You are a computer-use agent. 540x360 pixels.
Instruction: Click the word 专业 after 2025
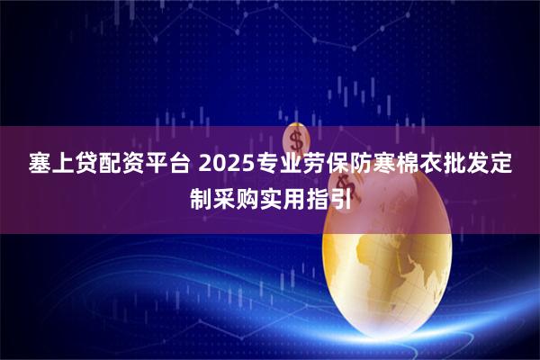click(254, 166)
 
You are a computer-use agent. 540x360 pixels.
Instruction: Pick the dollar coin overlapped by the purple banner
click(296, 139)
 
